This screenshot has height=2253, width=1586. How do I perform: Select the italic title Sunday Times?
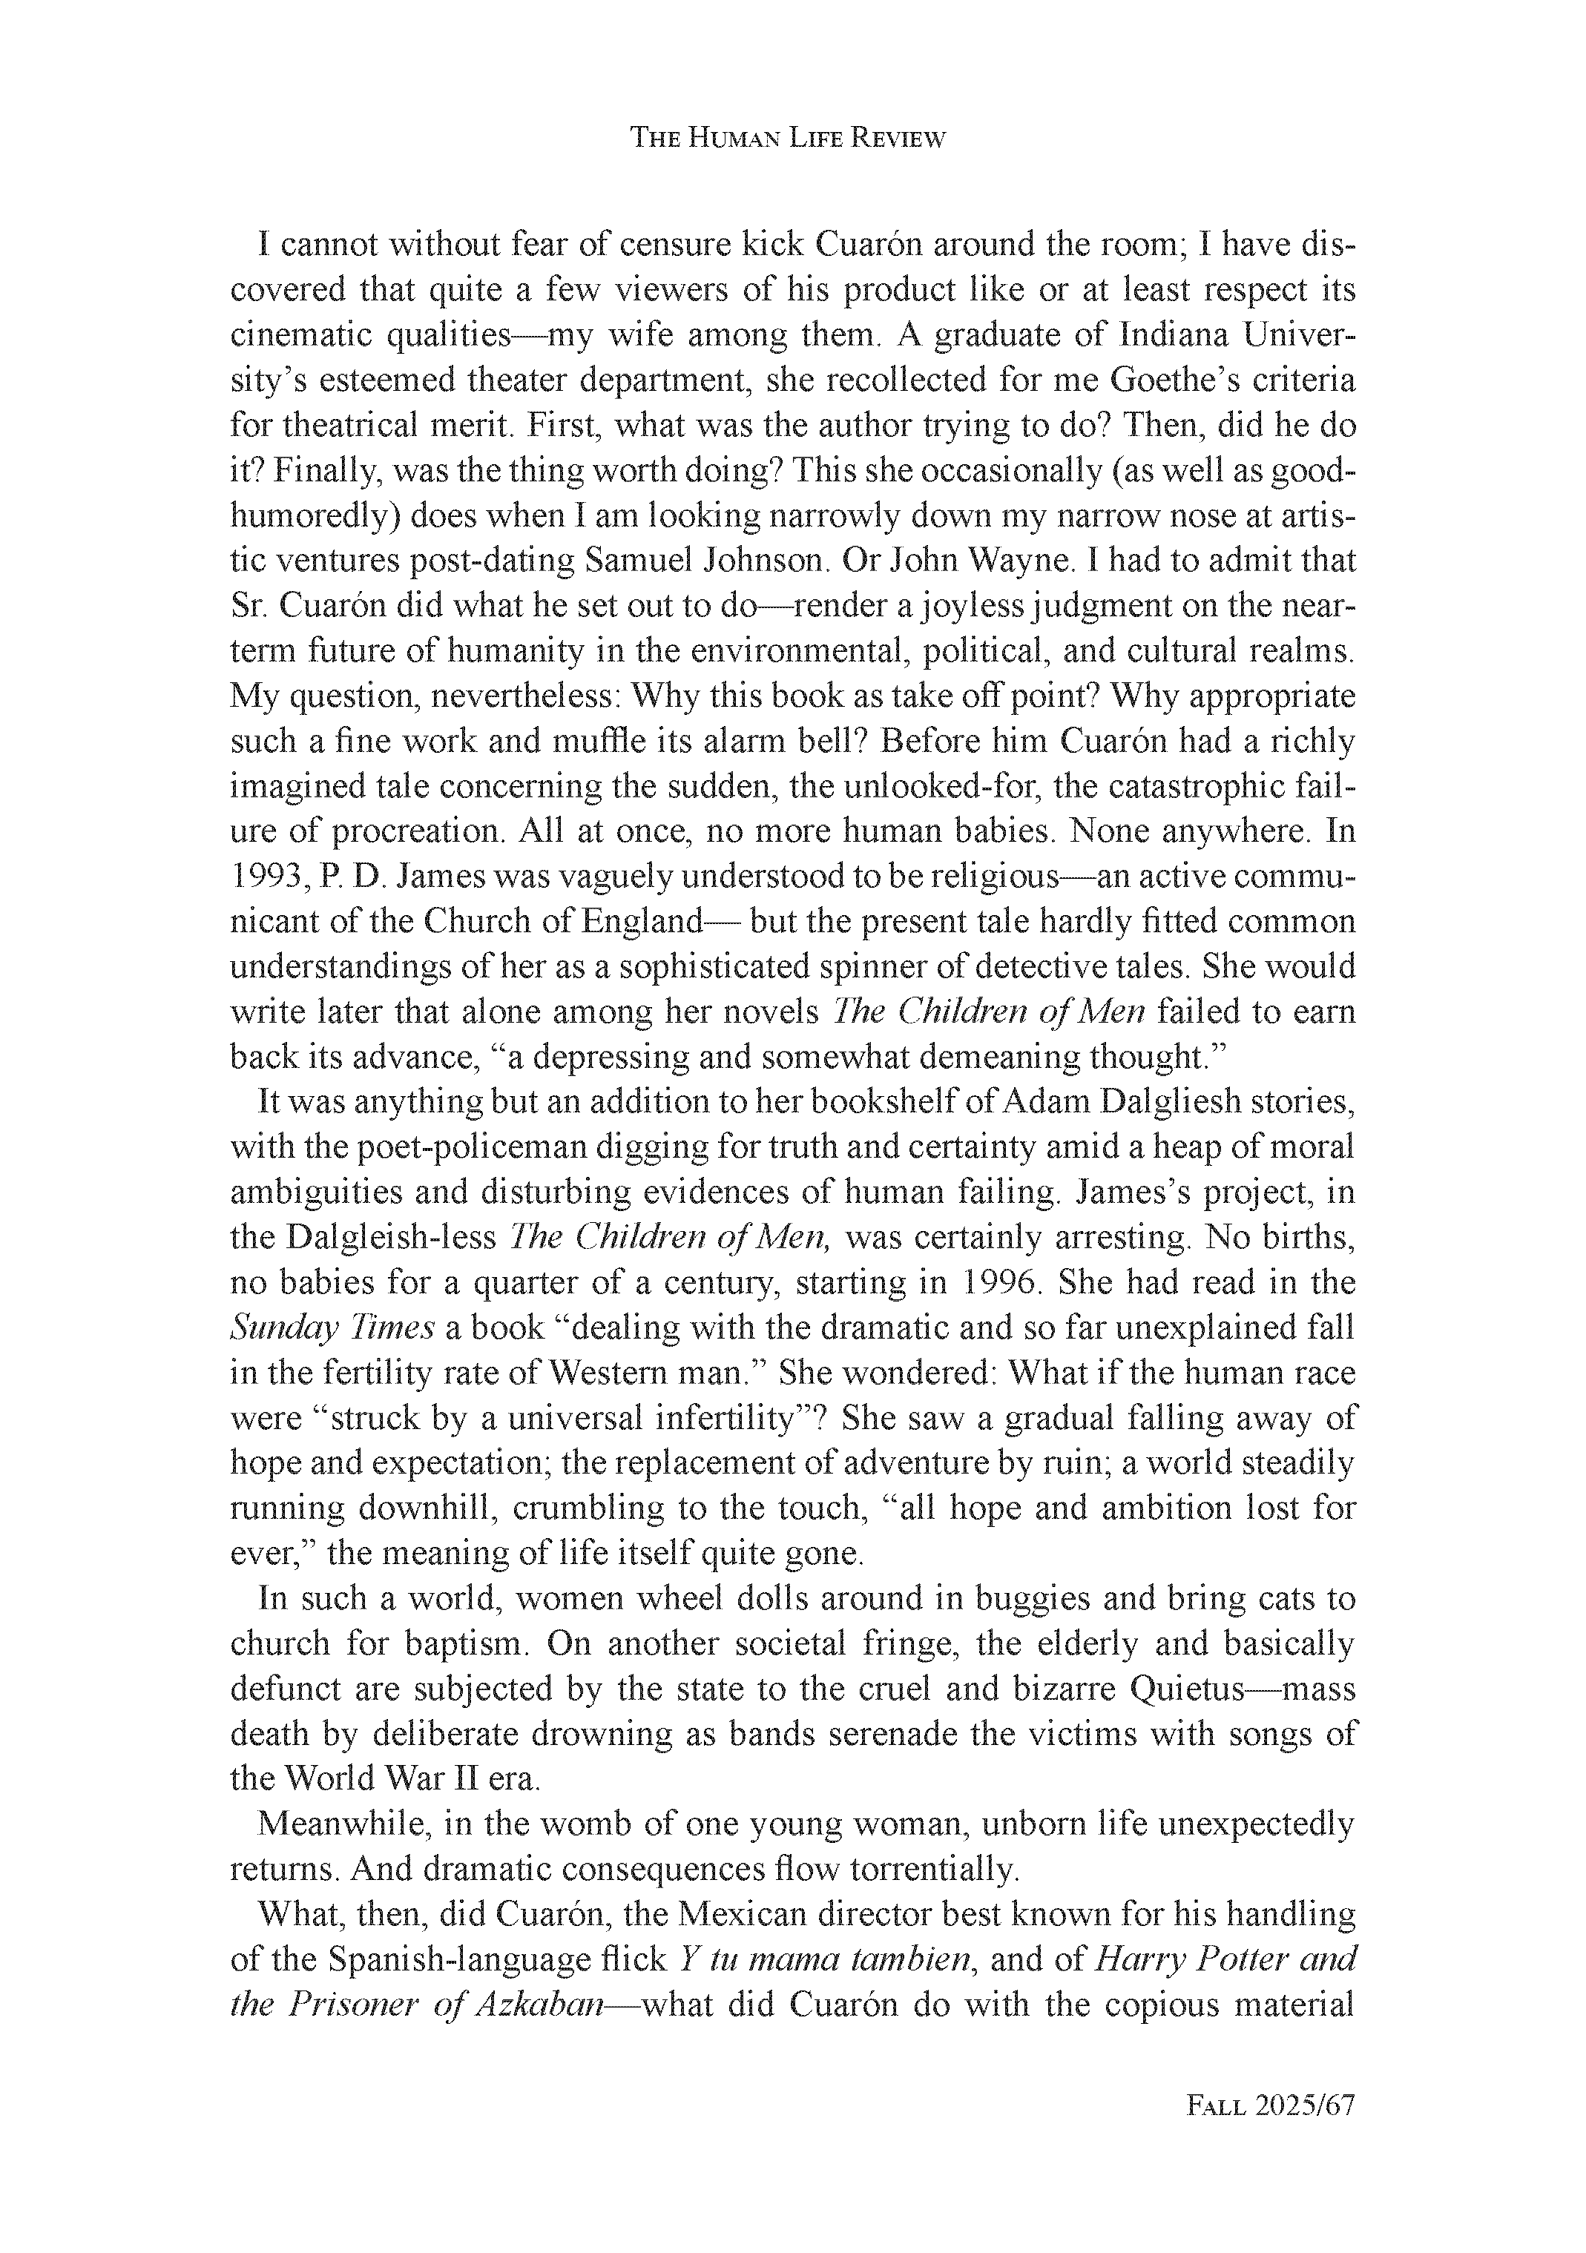pyautogui.click(x=332, y=1327)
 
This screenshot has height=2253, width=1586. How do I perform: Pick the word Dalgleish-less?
pyautogui.click(x=392, y=1238)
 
